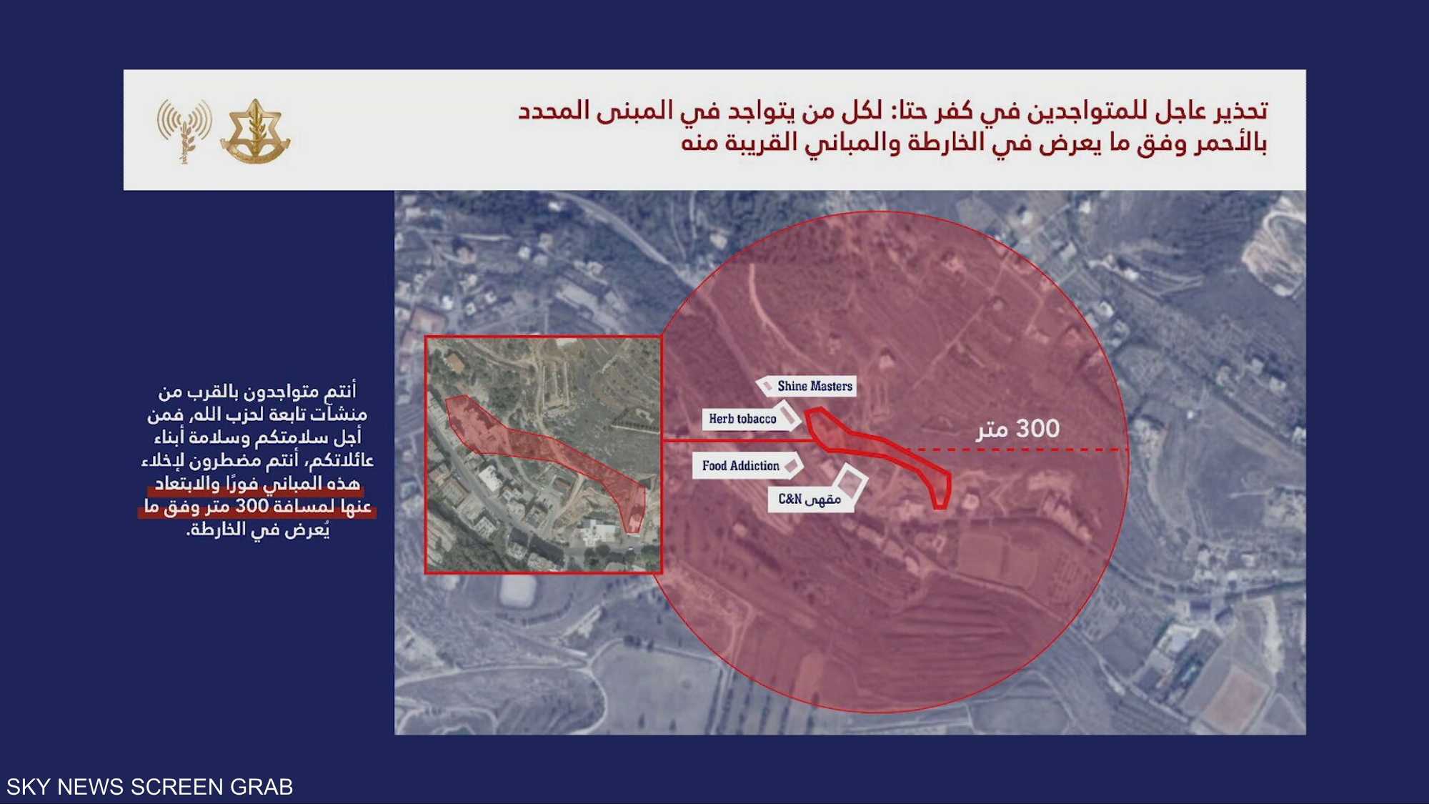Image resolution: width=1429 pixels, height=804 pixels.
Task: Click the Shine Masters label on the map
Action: click(814, 387)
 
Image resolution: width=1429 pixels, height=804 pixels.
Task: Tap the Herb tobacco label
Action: click(742, 419)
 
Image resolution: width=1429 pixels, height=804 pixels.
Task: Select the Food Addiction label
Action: click(740, 466)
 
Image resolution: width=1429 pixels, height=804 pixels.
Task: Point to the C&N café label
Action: click(809, 500)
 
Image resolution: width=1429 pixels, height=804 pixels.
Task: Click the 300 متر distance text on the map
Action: click(1018, 429)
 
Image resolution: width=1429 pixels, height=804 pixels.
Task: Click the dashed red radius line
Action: click(1022, 450)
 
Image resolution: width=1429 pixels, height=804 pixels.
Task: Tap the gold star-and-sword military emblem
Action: click(254, 131)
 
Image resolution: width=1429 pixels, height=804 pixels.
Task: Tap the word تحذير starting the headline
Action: click(1239, 111)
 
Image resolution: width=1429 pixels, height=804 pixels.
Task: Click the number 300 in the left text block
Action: click(252, 506)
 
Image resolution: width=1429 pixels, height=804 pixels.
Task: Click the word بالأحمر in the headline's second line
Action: click(1231, 143)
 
